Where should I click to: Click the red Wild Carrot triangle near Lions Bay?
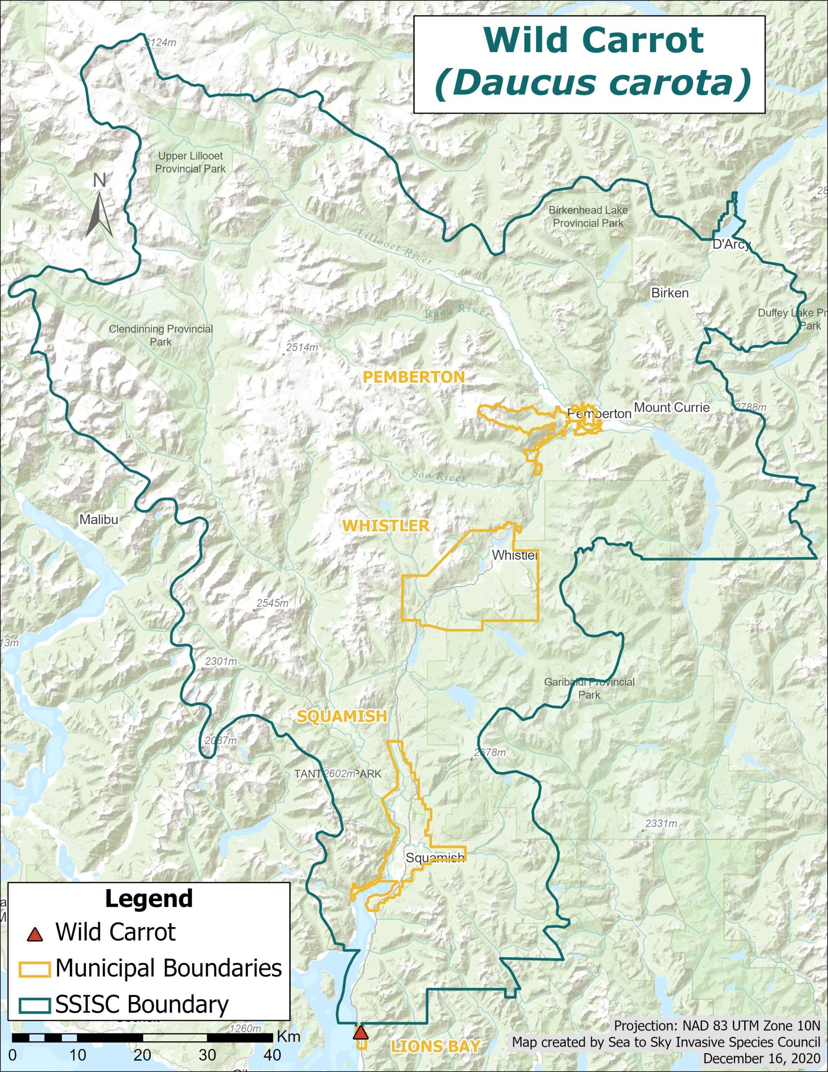tap(361, 1032)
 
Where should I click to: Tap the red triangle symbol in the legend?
tap(34, 934)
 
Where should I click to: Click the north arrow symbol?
tap(100, 214)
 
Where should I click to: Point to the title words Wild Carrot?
tap(594, 40)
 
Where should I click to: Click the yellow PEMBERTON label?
tap(413, 377)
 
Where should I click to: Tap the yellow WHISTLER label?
tap(386, 526)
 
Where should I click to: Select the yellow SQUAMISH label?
tap(342, 716)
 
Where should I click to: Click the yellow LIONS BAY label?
tap(435, 1046)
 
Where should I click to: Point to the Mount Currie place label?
tap(671, 407)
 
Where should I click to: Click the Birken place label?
tap(669, 293)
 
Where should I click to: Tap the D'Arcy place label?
tap(731, 245)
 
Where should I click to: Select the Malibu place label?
tap(99, 519)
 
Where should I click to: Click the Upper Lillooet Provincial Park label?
tap(190, 162)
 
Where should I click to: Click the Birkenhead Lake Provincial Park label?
tap(588, 216)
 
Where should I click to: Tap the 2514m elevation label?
tap(302, 348)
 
